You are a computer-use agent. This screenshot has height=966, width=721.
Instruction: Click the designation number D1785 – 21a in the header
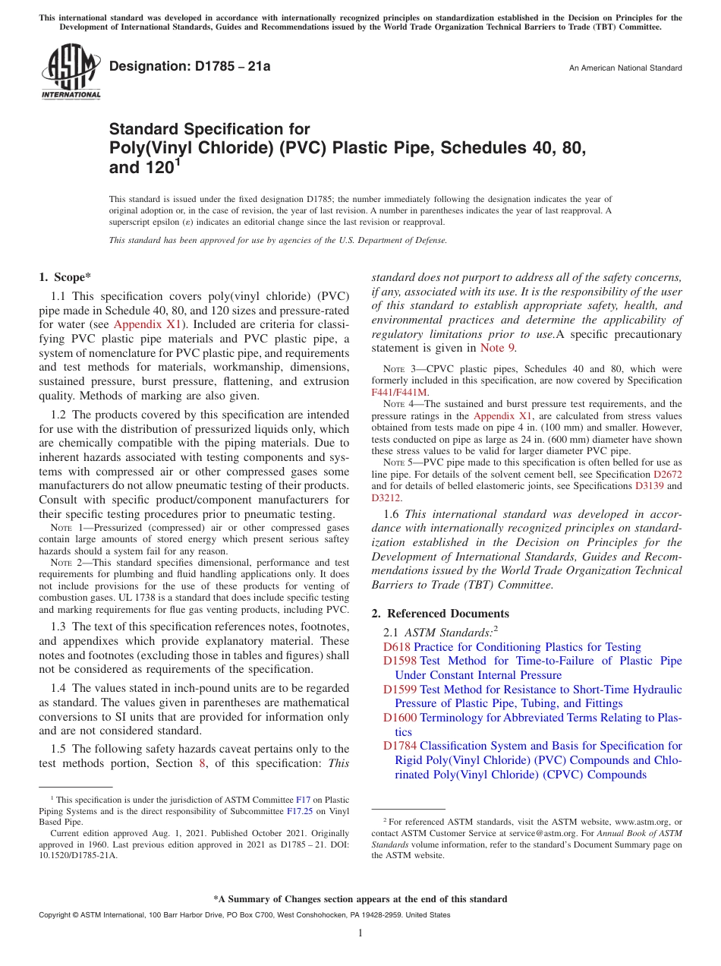point(190,68)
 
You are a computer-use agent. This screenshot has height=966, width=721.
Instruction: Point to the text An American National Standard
point(625,68)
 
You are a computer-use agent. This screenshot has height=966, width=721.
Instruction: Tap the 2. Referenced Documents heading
point(440,613)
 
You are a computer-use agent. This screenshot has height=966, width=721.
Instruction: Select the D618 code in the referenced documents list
point(396,647)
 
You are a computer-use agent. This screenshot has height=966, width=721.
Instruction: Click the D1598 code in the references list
point(399,661)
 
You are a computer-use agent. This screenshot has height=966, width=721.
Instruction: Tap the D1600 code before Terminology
point(399,718)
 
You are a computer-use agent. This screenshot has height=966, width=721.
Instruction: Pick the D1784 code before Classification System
point(399,746)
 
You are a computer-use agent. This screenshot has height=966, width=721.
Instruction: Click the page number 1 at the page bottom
point(360,933)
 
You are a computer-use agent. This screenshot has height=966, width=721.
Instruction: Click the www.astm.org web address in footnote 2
point(628,822)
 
